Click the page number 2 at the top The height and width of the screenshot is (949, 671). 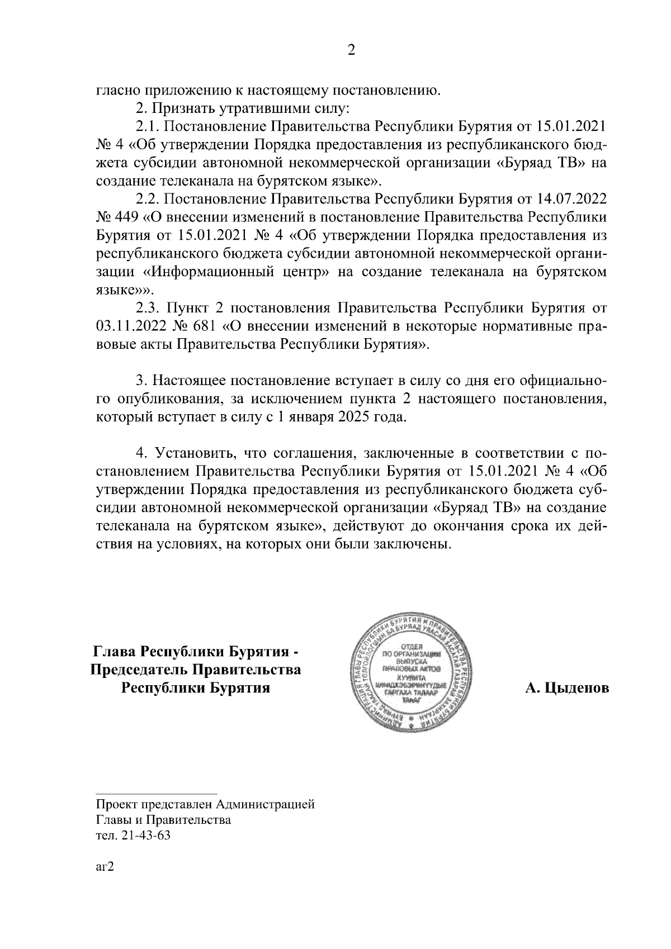[x=351, y=50]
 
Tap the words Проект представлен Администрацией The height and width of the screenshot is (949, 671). [x=205, y=805]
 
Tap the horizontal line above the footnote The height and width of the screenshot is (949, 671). [x=157, y=793]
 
